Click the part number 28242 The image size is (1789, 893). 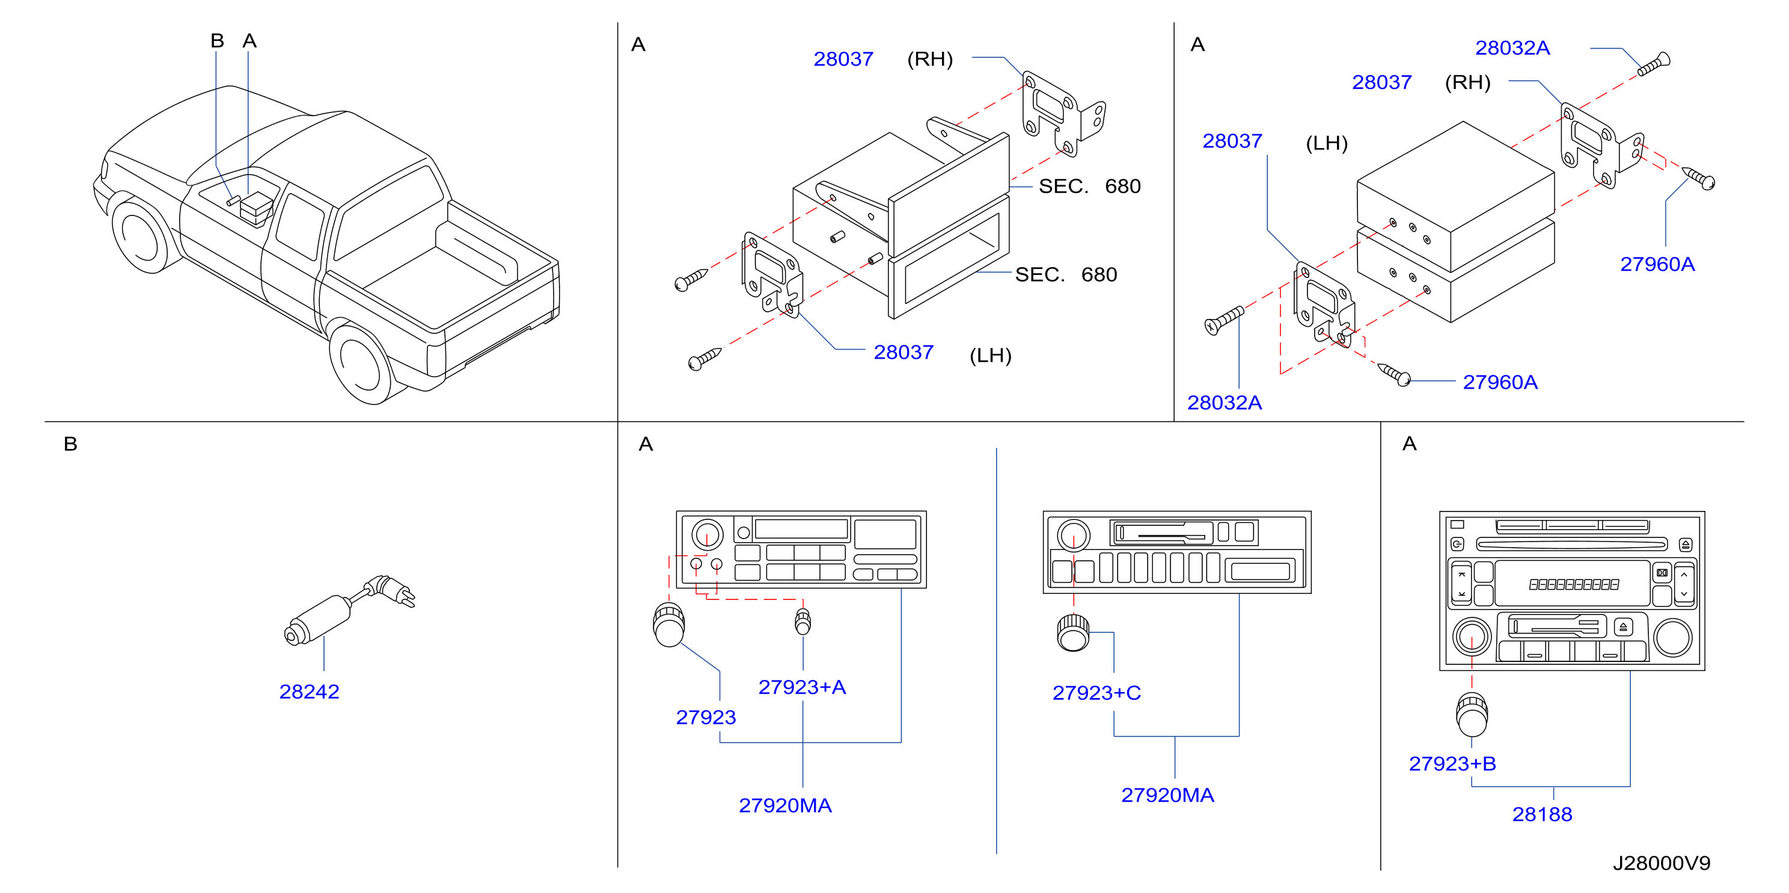(x=309, y=691)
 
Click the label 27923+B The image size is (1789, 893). (x=1452, y=764)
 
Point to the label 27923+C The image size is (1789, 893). (x=1096, y=693)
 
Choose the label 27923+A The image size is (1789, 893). (x=802, y=687)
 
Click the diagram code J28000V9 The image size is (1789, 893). (x=1661, y=863)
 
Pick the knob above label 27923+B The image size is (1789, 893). (x=1472, y=714)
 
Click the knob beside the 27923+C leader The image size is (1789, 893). (x=1074, y=632)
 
